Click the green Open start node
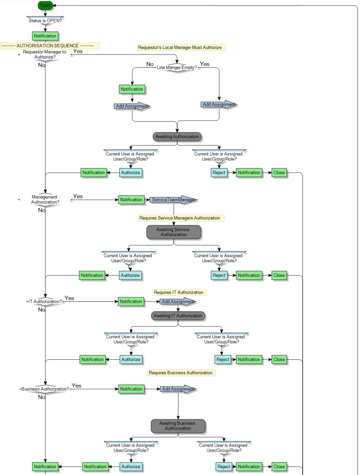tap(45, 6)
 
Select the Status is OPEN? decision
tap(45, 20)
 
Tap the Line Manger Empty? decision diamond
tap(177, 67)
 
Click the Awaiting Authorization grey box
tap(177, 136)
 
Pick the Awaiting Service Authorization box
tap(173, 232)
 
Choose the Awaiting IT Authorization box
tap(178, 316)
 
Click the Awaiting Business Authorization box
tap(178, 426)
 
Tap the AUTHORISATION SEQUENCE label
tap(50, 46)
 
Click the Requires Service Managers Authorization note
tap(181, 218)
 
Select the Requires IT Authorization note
tap(179, 292)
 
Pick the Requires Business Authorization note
tap(181, 373)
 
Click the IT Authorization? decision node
tap(45, 302)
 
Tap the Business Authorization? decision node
tap(45, 389)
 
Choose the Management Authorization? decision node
tap(45, 200)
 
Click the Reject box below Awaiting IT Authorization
tap(223, 359)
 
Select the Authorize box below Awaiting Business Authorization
tap(131, 467)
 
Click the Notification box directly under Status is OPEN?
tap(45, 36)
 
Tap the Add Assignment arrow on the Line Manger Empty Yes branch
tap(218, 105)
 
